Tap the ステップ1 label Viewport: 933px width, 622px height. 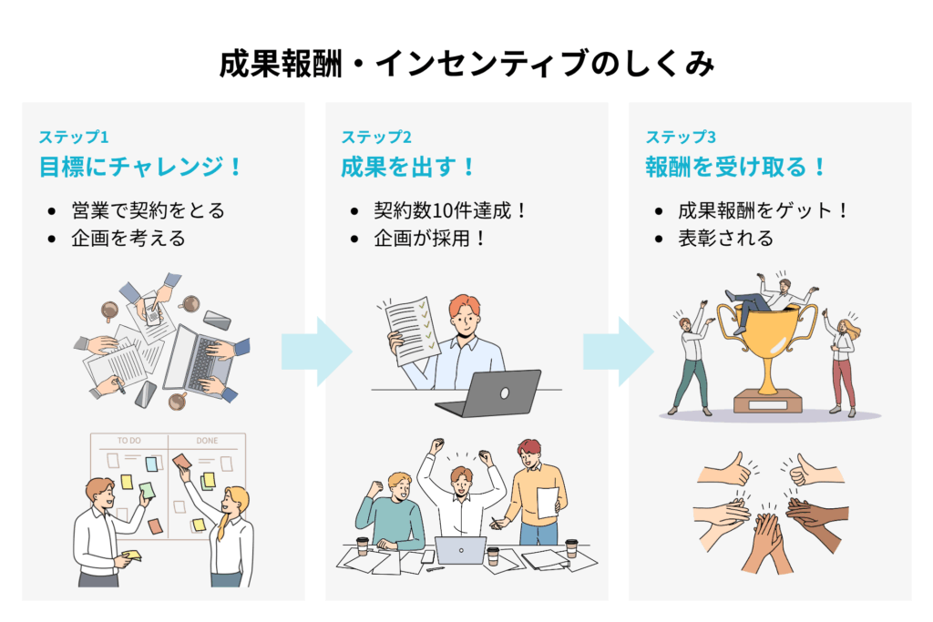pos(74,138)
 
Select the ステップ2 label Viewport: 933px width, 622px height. pos(376,138)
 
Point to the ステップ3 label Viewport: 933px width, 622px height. pos(681,138)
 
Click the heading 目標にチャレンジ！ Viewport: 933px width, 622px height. pos(141,168)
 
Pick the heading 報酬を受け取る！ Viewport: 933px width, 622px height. pos(737,168)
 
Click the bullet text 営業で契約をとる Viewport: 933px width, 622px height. pos(148,210)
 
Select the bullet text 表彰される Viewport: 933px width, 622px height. pos(725,239)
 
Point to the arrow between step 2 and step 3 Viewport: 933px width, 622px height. pos(619,351)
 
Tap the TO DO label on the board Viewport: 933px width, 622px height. pos(129,441)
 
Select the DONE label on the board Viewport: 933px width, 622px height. pos(208,441)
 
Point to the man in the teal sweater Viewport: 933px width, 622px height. pos(392,510)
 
